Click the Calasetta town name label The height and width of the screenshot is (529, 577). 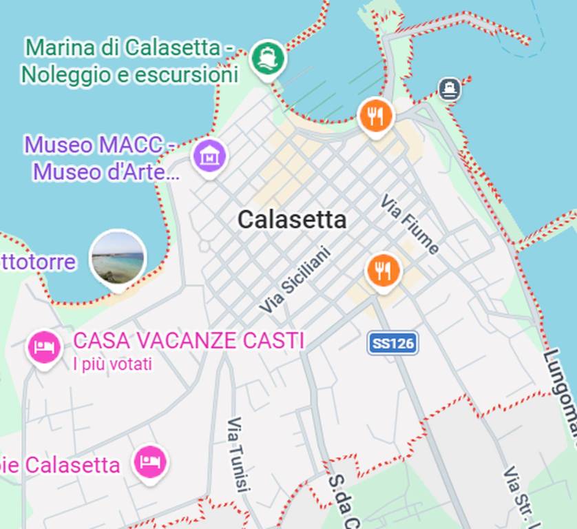[x=292, y=220]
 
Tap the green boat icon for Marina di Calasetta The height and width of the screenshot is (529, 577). [x=267, y=58]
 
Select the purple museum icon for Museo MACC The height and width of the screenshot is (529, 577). [x=209, y=156]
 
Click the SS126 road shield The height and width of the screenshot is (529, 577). [x=392, y=343]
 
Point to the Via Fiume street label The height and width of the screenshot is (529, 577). [x=410, y=225]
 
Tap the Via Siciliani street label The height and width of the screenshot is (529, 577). [x=295, y=280]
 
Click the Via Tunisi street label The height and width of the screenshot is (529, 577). [x=237, y=454]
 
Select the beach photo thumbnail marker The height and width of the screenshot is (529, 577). [x=118, y=258]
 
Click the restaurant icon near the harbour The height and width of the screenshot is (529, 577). [x=375, y=115]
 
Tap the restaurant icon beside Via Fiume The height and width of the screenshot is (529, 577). [x=384, y=270]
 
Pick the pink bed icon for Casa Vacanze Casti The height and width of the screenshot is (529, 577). [x=45, y=346]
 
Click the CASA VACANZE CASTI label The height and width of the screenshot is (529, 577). [x=189, y=340]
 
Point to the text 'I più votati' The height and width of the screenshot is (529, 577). [x=112, y=364]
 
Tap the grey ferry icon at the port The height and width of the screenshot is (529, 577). [x=450, y=88]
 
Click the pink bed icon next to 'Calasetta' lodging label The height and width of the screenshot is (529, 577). [x=149, y=461]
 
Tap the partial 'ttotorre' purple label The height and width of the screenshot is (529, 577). [x=38, y=262]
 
